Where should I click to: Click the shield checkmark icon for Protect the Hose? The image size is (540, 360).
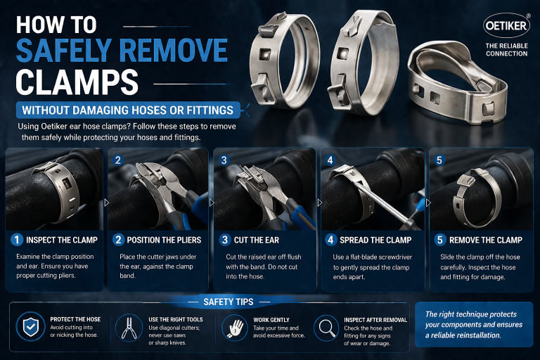tap(30, 328)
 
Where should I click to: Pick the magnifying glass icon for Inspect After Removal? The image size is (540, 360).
tap(327, 328)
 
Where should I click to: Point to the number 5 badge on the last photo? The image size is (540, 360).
tap(440, 160)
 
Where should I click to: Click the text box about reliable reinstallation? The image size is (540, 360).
tap(475, 324)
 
